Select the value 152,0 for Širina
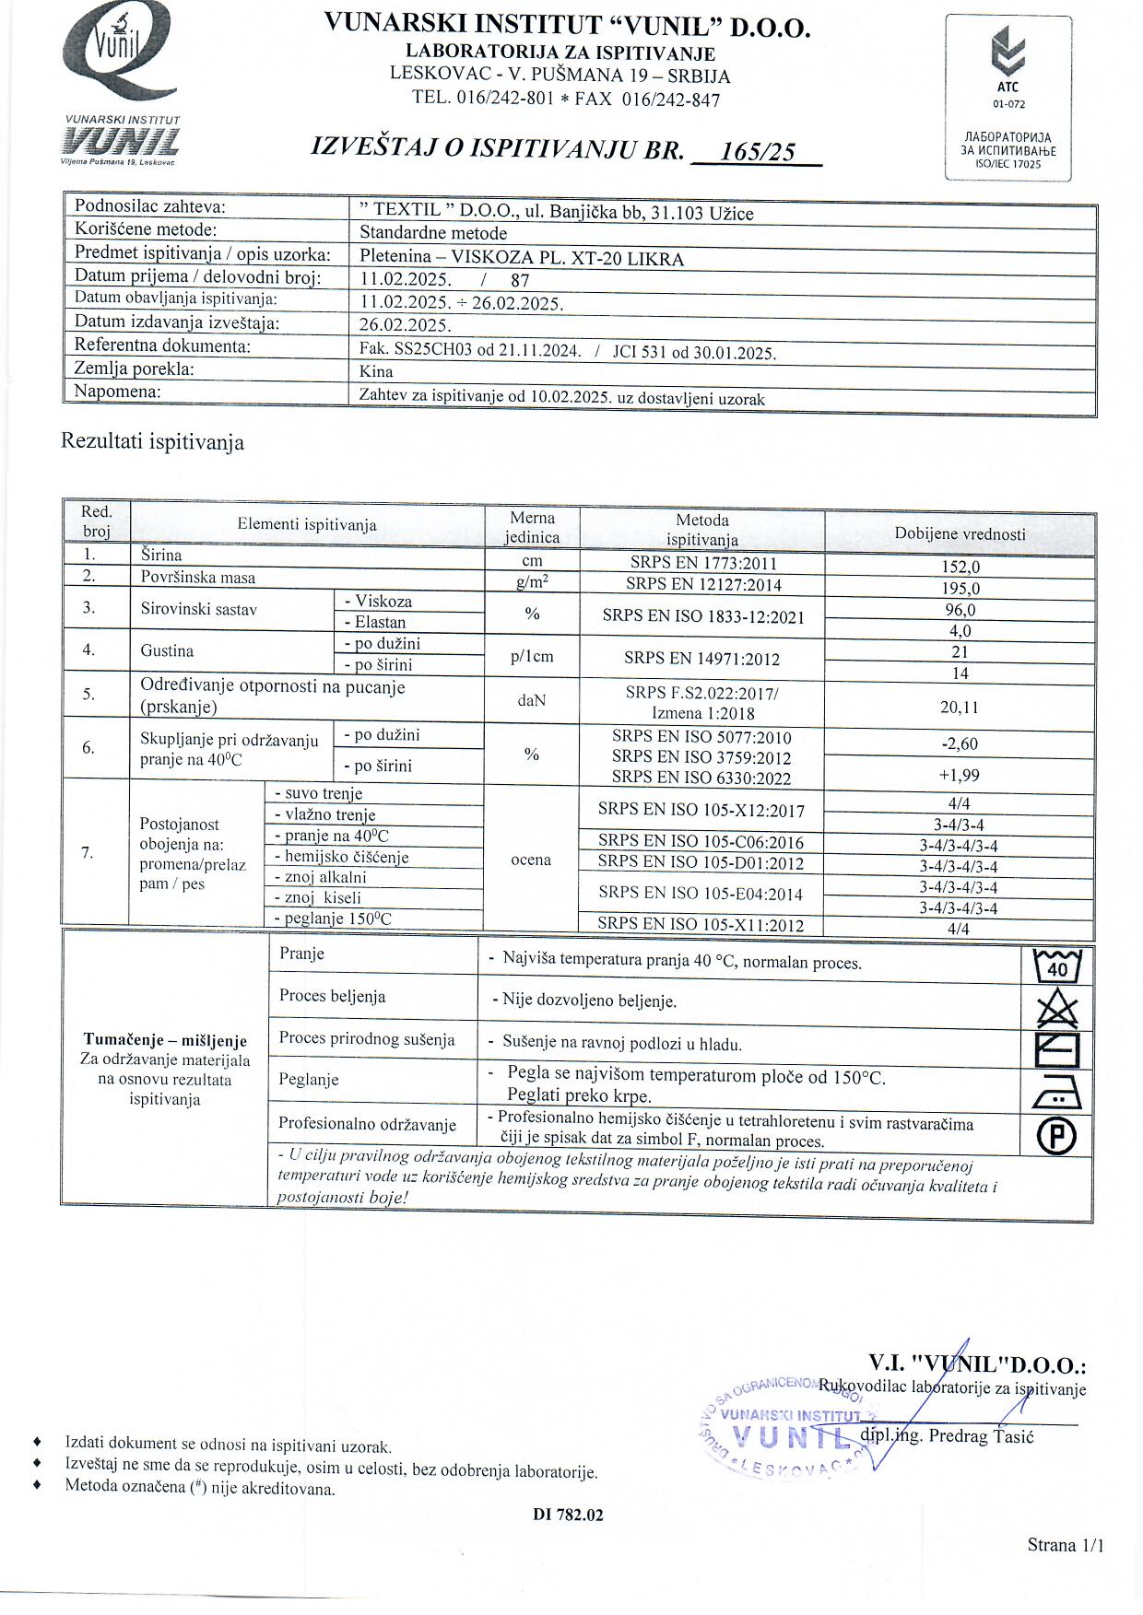pos(960,568)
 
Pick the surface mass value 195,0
pos(960,589)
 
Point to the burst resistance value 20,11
pos(960,708)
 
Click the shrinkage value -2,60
pos(960,743)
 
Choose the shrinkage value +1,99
pos(960,775)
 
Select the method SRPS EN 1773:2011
pos(701,563)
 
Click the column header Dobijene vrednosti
pos(960,534)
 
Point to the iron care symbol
pos(1057,1093)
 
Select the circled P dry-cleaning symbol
pos(1057,1135)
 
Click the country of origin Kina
pos(376,371)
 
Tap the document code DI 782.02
pos(568,1515)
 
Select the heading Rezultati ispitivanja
pos(152,442)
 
